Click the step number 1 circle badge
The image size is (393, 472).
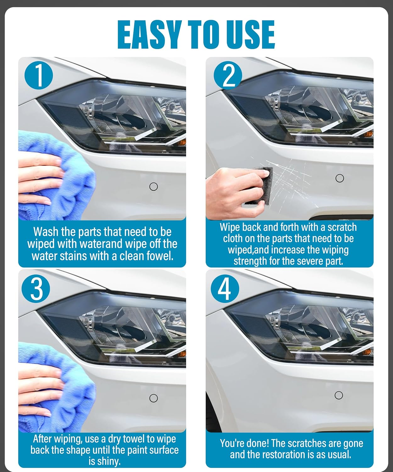click(x=39, y=76)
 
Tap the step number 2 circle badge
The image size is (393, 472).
click(x=228, y=76)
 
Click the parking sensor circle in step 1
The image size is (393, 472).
click(x=153, y=187)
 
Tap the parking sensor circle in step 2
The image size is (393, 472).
click(x=340, y=178)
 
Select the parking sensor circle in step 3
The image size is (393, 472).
click(x=153, y=398)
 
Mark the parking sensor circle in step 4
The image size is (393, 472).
click(x=339, y=395)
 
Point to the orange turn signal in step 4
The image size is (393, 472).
click(x=368, y=352)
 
